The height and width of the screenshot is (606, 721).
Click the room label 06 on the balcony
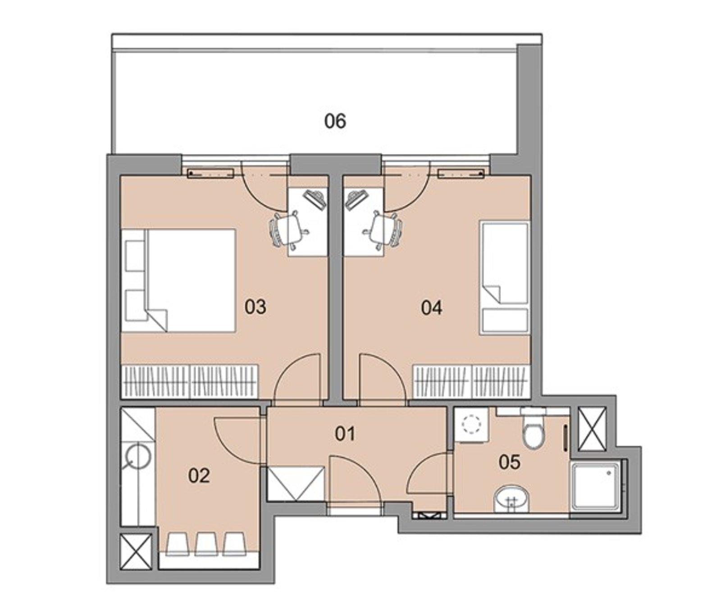tap(335, 121)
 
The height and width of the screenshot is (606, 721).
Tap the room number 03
tap(255, 307)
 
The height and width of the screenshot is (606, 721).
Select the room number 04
tap(431, 308)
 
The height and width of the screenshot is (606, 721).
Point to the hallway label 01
tap(345, 434)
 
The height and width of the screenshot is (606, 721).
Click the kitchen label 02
tap(199, 475)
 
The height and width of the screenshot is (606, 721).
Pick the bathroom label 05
tap(509, 462)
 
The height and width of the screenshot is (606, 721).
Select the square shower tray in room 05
tap(595, 486)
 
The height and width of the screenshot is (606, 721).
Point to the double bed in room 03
tap(189, 280)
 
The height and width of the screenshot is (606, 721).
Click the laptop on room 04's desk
tap(356, 199)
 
